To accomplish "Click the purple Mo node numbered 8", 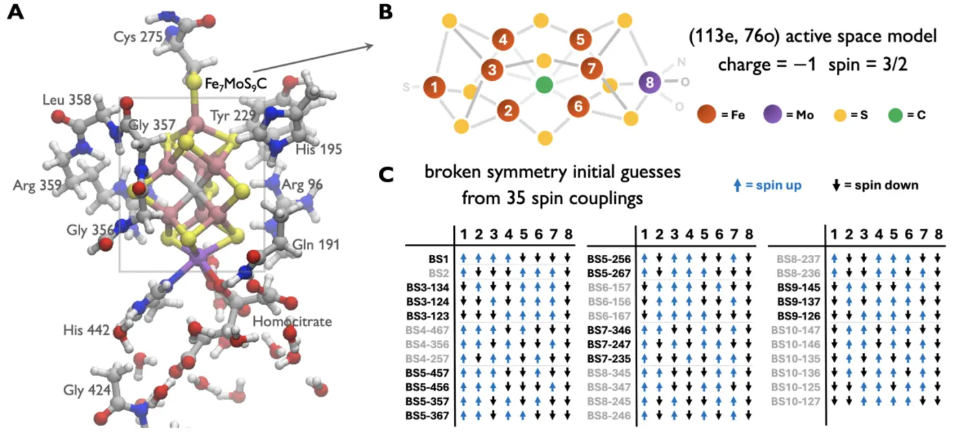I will click(x=648, y=83).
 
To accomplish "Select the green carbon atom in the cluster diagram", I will click(x=544, y=85).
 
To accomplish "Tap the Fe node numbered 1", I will click(x=434, y=88).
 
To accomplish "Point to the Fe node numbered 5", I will click(x=580, y=40).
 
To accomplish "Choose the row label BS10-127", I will click(x=794, y=401).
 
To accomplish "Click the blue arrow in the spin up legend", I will click(x=737, y=185).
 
